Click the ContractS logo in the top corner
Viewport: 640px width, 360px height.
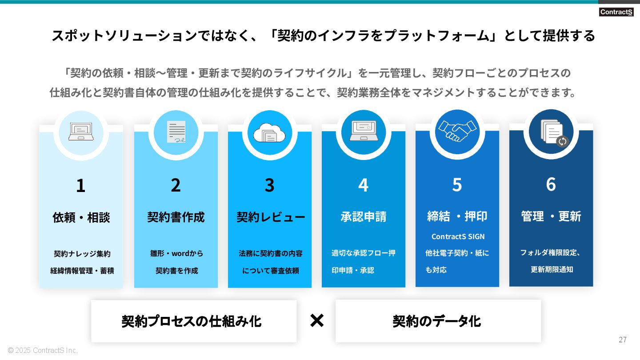point(616,12)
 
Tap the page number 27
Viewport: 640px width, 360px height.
point(623,340)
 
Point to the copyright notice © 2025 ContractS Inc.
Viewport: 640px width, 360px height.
point(43,350)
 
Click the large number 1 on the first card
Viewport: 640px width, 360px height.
point(80,185)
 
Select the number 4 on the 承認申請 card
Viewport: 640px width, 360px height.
point(363,185)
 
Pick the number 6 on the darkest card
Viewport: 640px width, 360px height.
point(551,184)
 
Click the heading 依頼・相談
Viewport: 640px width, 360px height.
point(81,217)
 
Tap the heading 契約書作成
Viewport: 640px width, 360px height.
point(176,217)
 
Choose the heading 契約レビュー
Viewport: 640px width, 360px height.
point(270,217)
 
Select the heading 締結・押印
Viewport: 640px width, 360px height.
point(457,216)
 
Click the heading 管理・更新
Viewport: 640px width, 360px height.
point(551,216)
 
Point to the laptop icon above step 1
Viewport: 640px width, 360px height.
point(81,132)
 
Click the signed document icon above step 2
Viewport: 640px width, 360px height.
point(176,132)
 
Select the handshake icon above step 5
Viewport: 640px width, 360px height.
point(457,131)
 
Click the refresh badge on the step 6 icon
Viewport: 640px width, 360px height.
point(562,141)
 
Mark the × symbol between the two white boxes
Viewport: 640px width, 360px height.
point(316,320)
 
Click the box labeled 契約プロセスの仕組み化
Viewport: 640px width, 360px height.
point(194,321)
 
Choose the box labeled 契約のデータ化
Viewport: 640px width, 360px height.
point(438,321)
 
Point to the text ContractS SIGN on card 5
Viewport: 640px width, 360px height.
point(458,236)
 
